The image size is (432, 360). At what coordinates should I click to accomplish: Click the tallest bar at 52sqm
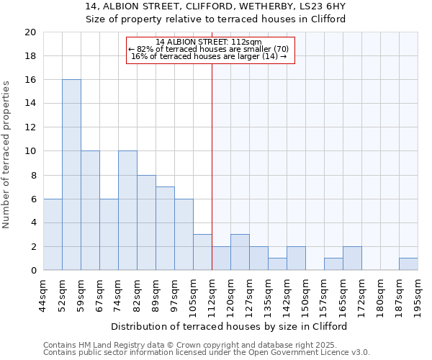[x=71, y=175]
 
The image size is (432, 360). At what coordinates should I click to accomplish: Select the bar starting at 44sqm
[x=53, y=235]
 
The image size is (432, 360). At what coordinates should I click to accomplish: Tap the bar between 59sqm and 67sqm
[x=90, y=211]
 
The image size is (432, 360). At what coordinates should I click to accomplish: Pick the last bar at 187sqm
[x=408, y=264]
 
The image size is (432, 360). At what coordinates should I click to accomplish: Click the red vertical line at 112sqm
[x=212, y=166]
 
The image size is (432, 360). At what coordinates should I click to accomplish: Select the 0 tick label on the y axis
[x=33, y=271]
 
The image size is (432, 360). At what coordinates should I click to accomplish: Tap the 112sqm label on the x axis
[x=212, y=295]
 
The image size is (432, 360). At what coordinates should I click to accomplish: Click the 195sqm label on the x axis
[x=418, y=295]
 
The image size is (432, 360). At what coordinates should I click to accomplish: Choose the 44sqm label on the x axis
[x=43, y=295]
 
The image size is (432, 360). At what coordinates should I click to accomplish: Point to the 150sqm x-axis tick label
[x=305, y=295]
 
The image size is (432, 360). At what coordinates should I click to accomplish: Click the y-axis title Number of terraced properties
[x=7, y=155]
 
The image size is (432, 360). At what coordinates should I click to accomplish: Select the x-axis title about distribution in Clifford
[x=230, y=326]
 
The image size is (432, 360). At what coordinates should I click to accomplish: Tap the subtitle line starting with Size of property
[x=216, y=19]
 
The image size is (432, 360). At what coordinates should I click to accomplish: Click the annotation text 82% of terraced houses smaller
[x=209, y=49]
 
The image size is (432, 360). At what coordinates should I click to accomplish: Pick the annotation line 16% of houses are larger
[x=209, y=56]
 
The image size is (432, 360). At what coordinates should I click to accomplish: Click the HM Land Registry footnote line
[x=205, y=345]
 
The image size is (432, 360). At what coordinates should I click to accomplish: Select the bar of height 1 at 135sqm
[x=277, y=264]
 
